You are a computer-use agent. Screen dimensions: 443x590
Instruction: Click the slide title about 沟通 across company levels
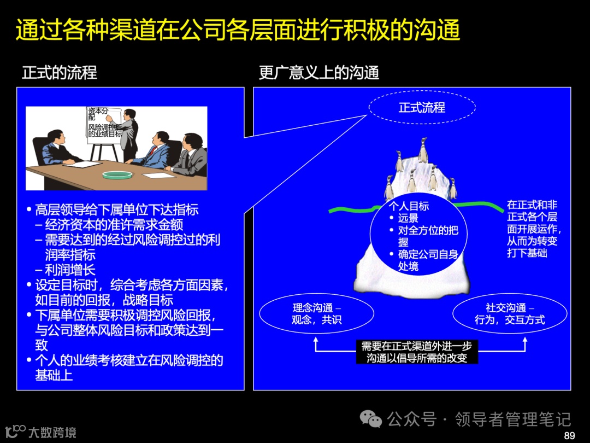click(238, 30)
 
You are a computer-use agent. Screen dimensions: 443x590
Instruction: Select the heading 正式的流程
click(60, 73)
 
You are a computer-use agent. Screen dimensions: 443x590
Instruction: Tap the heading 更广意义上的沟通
click(319, 73)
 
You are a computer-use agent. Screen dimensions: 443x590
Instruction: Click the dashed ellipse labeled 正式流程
click(422, 108)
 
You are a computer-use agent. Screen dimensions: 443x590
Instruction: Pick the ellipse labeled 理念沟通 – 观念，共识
click(316, 314)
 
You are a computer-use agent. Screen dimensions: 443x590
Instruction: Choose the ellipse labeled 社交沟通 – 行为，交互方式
click(509, 314)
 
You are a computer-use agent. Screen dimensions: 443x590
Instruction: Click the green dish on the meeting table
click(117, 175)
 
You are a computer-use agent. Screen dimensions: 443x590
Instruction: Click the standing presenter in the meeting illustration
click(129, 134)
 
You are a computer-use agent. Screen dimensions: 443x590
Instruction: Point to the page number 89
click(569, 435)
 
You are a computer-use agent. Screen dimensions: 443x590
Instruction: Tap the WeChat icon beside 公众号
click(371, 419)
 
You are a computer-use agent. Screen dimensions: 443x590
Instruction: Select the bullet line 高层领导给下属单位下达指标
click(116, 209)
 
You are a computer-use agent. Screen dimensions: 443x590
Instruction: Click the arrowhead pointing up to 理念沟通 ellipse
click(316, 340)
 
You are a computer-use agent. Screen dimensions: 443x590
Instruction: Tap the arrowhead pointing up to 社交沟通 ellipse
click(525, 340)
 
